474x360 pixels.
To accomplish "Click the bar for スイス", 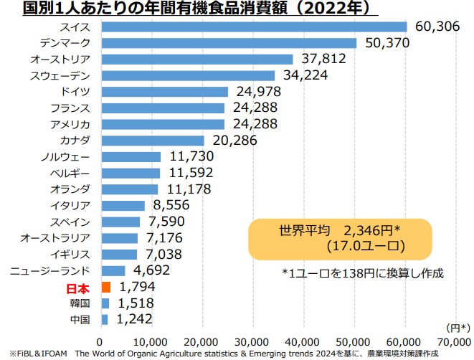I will click(254, 27).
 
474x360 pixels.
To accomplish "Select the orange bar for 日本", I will click(106, 288).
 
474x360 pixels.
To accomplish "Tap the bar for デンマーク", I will click(229, 43).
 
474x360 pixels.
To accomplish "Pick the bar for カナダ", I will click(153, 141).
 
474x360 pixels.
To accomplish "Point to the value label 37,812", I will click(323, 60).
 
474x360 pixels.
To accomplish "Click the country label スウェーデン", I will click(61, 75).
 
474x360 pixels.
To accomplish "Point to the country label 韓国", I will click(80, 303).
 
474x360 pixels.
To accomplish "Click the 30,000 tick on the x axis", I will click(253, 341).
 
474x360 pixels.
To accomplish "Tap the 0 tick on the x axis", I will click(101, 341).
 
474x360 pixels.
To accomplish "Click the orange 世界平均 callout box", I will click(340, 238).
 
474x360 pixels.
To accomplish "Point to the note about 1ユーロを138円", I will click(363, 273).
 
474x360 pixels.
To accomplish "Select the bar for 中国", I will click(105, 320).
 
